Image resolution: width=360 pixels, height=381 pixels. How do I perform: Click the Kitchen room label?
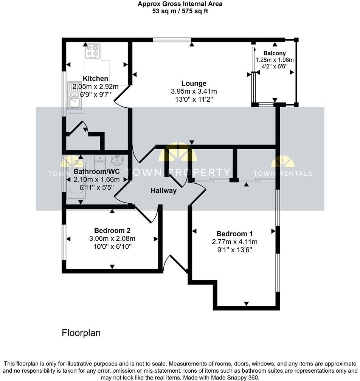[95, 79]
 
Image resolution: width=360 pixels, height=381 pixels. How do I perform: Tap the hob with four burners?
[92, 52]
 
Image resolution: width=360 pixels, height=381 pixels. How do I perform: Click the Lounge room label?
[194, 84]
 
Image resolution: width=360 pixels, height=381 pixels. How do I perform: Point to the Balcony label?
[275, 53]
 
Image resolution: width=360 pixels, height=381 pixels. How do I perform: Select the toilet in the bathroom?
[99, 164]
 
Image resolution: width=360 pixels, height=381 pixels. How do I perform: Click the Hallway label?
[164, 190]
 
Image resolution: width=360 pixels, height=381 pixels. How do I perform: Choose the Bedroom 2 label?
[112, 231]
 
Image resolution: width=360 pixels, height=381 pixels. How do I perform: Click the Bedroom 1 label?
[234, 234]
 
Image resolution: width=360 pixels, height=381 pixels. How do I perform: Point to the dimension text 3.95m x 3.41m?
[194, 91]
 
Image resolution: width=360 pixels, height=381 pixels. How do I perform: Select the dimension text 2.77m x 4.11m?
[234, 242]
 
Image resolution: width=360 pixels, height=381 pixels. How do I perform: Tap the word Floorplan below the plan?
[81, 333]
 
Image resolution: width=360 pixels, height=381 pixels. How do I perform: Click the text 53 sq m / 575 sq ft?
[180, 11]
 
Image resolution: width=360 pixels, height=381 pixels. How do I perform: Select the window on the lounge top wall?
[172, 40]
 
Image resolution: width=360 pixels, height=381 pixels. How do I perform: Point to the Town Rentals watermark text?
[282, 173]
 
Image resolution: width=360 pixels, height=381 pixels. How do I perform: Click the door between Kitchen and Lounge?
[122, 98]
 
